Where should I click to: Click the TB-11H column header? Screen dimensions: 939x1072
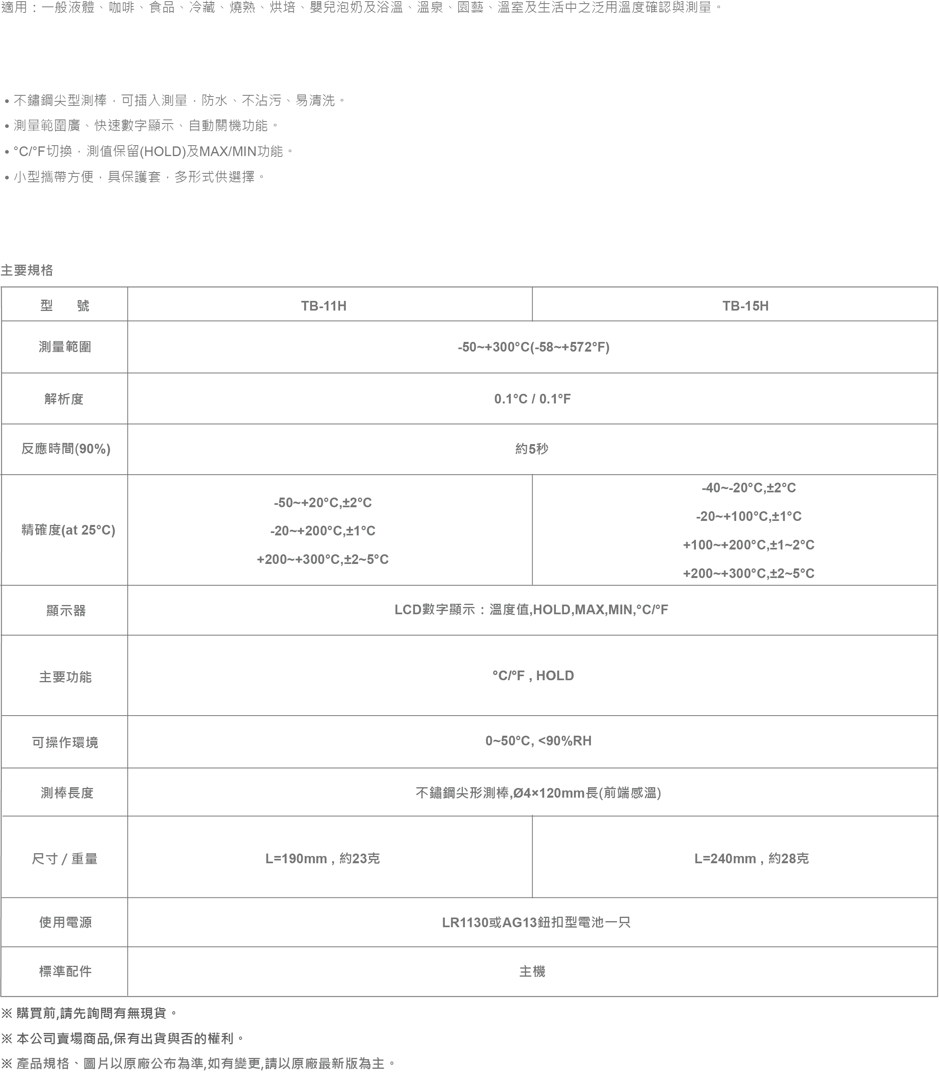pos(323,306)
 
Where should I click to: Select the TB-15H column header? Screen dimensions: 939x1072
pos(745,306)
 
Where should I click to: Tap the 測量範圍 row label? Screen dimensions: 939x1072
pos(65,347)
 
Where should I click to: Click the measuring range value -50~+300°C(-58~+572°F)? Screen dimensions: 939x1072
pos(533,347)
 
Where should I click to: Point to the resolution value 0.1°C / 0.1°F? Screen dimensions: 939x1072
pos(532,399)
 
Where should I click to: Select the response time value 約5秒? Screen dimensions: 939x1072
pos(532,449)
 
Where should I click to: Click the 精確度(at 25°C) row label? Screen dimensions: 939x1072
pos(68,530)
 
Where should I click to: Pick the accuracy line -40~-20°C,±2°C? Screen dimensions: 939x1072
pos(748,488)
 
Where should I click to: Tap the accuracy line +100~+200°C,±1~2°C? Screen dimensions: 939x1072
pos(748,545)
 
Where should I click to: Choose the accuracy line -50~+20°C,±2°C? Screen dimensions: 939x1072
pos(323,503)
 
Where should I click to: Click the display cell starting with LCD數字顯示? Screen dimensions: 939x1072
pos(531,609)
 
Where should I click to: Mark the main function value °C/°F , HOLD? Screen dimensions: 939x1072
pos(533,675)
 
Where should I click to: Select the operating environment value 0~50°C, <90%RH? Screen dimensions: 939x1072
pos(538,741)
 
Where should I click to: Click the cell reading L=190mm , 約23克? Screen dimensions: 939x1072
pos(322,858)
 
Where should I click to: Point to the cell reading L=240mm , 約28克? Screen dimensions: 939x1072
pos(751,858)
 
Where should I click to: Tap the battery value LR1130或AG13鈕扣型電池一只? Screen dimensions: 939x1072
pos(536,922)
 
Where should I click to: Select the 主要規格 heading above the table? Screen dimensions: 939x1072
pos(27,270)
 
